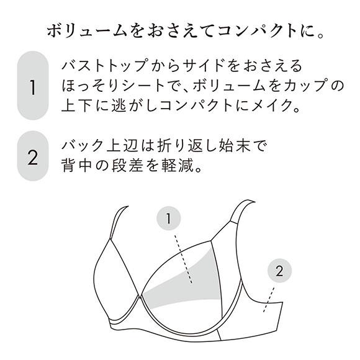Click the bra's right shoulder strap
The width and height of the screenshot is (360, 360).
[x=240, y=214]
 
